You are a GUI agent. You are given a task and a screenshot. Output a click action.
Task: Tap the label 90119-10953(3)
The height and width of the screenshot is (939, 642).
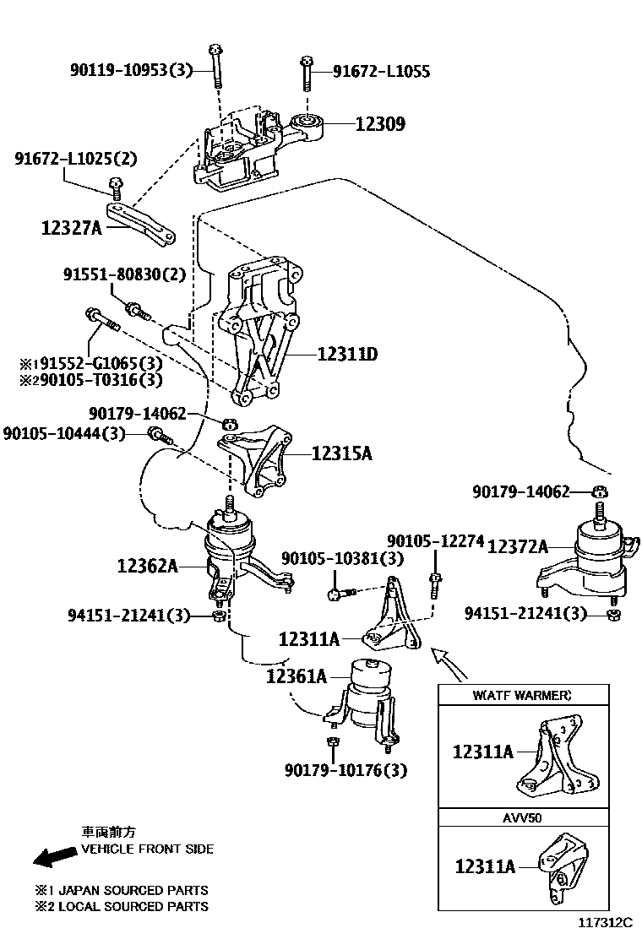pyautogui.click(x=131, y=71)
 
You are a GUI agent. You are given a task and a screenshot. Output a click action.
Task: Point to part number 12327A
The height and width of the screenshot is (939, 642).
pyautogui.click(x=71, y=226)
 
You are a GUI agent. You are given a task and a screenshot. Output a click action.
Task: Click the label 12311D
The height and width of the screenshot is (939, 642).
pyautogui.click(x=346, y=356)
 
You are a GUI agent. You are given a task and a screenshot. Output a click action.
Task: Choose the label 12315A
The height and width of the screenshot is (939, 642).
pyautogui.click(x=341, y=454)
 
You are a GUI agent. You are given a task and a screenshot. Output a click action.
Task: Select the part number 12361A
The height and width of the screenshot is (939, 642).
pyautogui.click(x=296, y=676)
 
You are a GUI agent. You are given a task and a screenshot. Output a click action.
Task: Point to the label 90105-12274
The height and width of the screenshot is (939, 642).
pyautogui.click(x=435, y=540)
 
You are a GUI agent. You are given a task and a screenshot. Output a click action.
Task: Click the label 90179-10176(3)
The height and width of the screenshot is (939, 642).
pyautogui.click(x=345, y=770)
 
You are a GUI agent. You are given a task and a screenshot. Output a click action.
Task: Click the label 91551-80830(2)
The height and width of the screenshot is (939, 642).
pyautogui.click(x=124, y=274)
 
